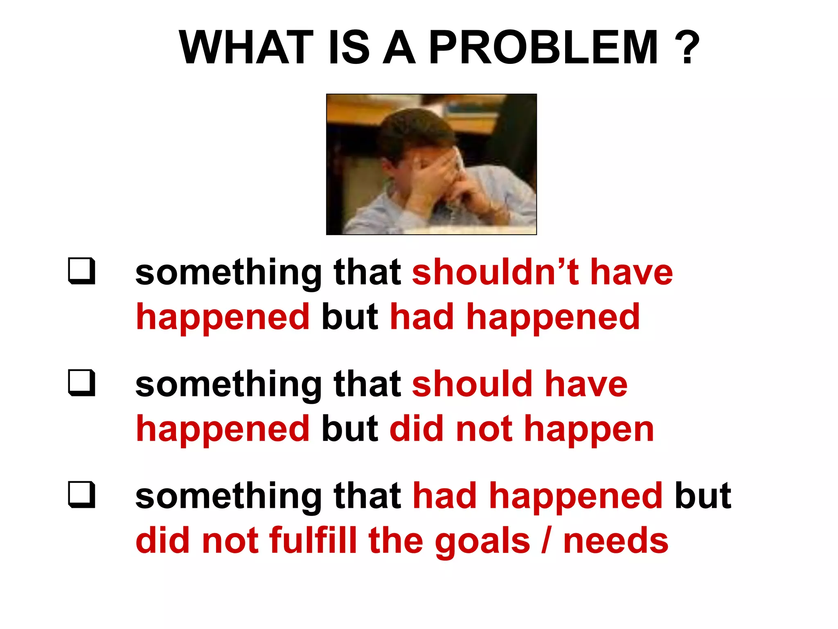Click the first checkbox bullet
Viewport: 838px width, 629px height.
(82, 271)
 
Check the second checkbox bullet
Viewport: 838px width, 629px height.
(82, 383)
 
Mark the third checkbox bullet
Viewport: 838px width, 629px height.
(82, 495)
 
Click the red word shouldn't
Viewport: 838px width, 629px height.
(496, 272)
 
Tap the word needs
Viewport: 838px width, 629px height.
(616, 541)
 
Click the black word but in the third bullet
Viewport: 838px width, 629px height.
(703, 496)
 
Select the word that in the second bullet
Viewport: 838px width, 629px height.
(367, 384)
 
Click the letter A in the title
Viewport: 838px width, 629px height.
(399, 48)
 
